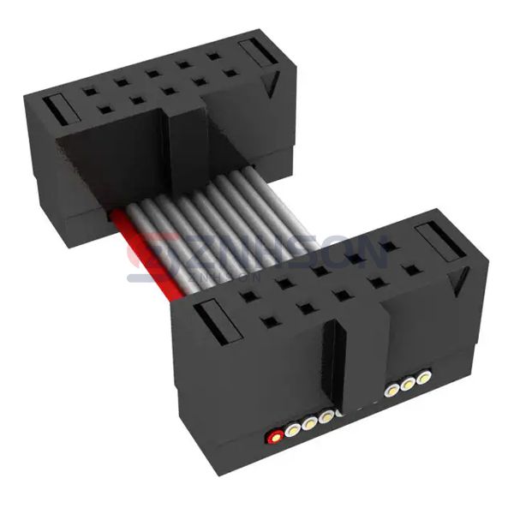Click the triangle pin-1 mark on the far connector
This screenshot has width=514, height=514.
(x=272, y=83)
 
